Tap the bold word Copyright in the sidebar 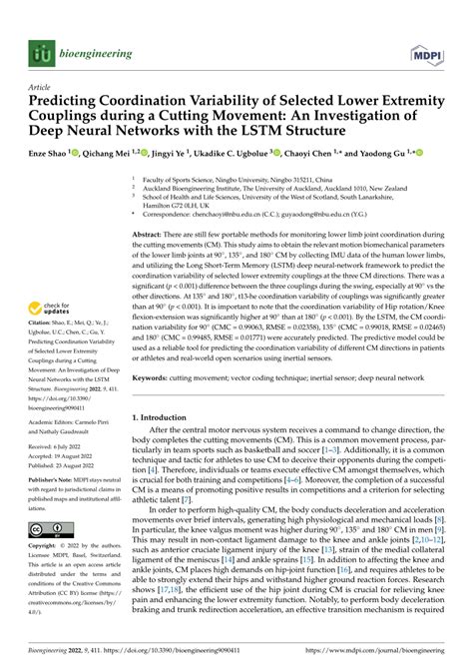[41, 547]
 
